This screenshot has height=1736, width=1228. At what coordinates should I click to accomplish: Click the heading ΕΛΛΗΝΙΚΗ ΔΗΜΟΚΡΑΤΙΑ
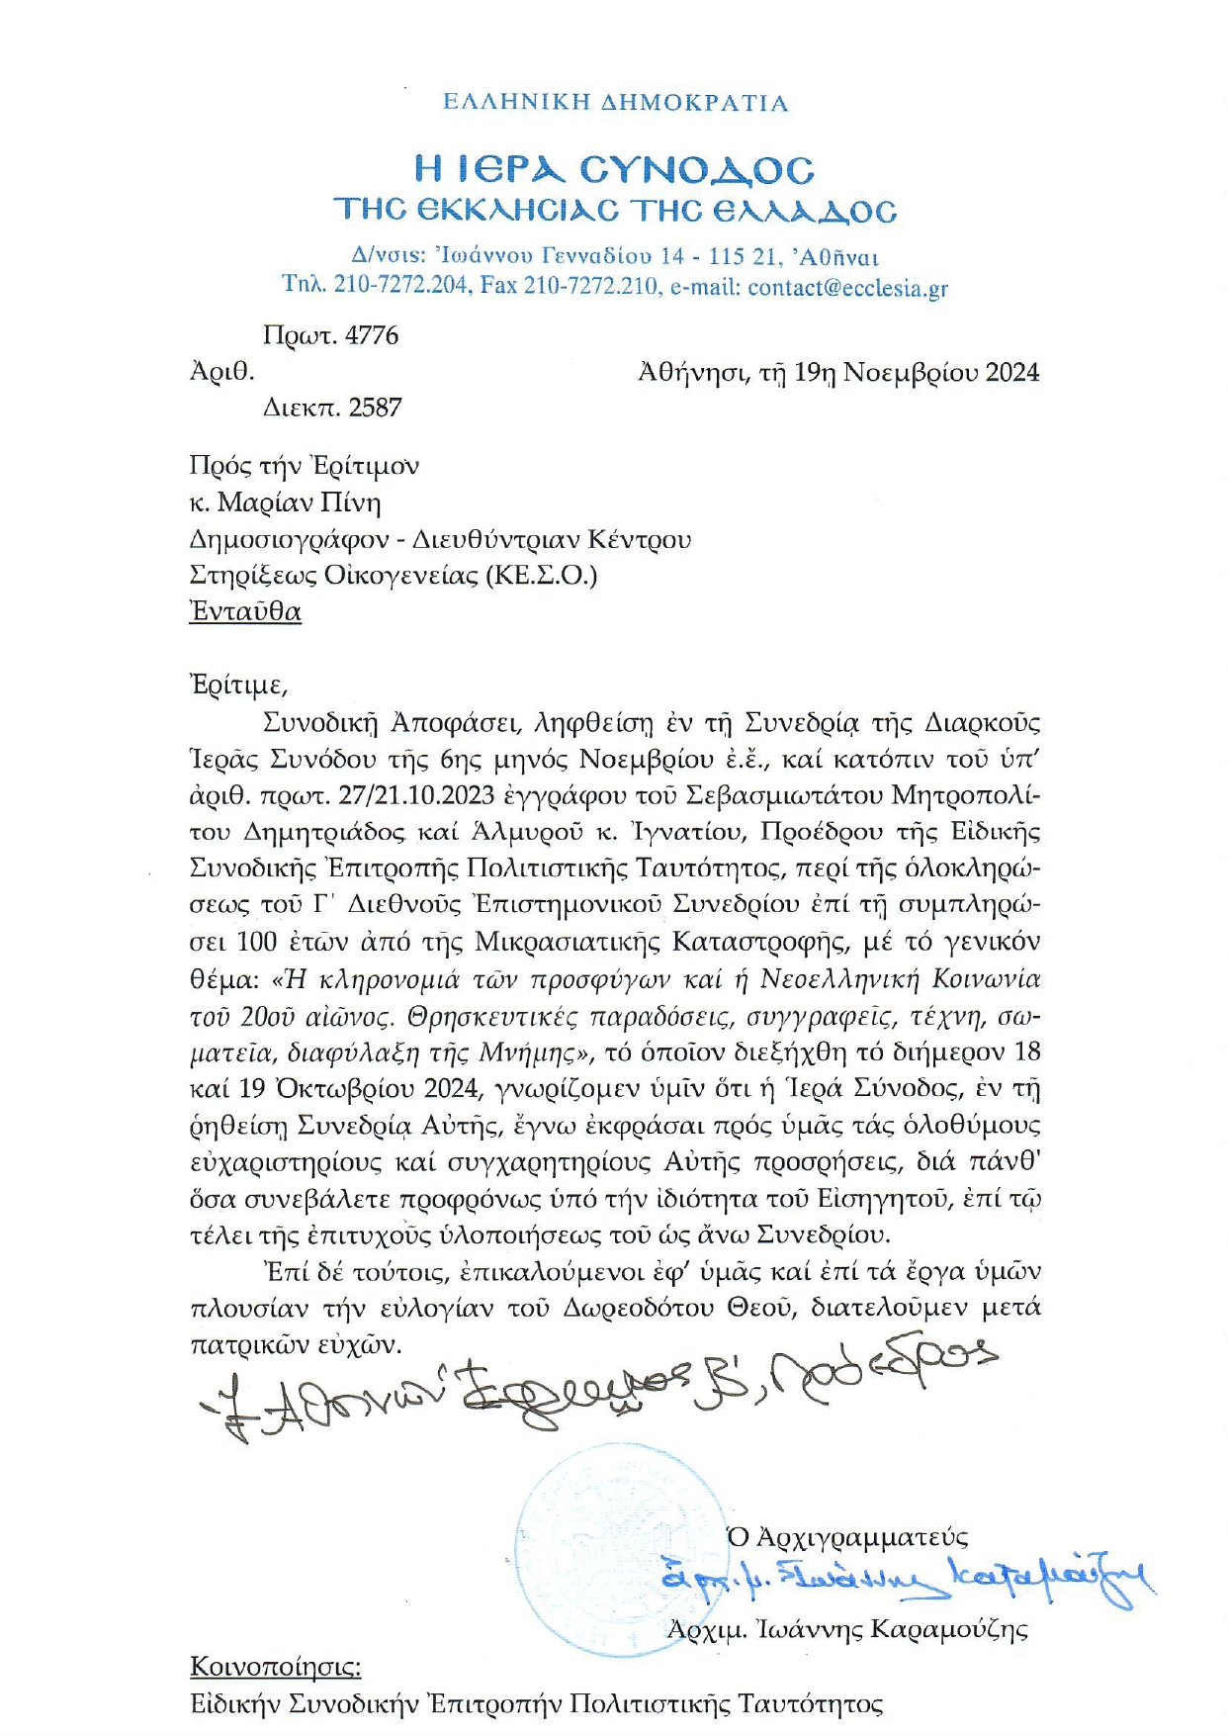[x=615, y=103]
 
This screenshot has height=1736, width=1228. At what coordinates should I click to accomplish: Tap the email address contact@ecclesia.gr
[x=847, y=288]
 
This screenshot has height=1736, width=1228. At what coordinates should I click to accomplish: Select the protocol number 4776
[x=372, y=336]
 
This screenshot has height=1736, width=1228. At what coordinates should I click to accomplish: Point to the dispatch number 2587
[x=375, y=408]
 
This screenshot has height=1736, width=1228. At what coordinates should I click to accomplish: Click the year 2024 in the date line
[x=1011, y=373]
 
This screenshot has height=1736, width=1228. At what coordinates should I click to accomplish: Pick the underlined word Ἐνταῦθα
[x=245, y=612]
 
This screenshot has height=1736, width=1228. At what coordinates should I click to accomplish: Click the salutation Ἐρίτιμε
[x=237, y=685]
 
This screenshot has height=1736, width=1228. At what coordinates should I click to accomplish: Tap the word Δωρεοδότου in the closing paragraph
[x=639, y=1308]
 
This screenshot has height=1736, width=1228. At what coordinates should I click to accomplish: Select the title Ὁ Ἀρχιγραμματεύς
[x=847, y=1537]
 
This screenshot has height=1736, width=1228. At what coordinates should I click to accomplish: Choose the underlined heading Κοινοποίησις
[x=275, y=1668]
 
